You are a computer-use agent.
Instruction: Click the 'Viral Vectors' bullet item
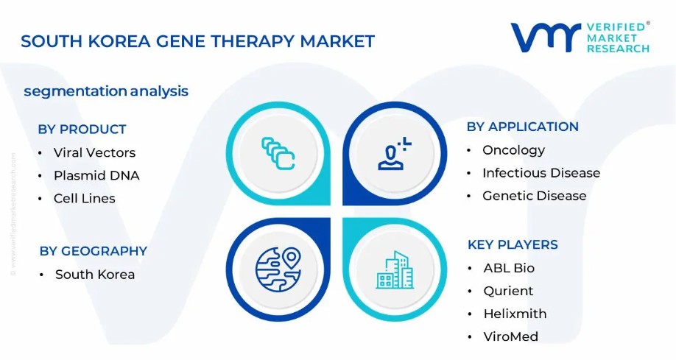pyautogui.click(x=94, y=152)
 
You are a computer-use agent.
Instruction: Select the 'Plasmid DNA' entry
pyautogui.click(x=96, y=175)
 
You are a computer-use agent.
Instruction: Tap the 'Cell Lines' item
pyautogui.click(x=85, y=198)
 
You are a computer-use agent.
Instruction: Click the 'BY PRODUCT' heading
pyautogui.click(x=82, y=130)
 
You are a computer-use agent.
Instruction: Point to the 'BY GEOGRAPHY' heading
pyautogui.click(x=93, y=251)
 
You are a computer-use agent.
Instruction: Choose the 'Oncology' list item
pyautogui.click(x=513, y=150)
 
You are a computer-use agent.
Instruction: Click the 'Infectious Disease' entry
pyautogui.click(x=541, y=173)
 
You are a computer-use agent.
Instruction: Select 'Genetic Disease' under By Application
pyautogui.click(x=534, y=196)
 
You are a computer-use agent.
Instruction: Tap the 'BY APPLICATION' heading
pyautogui.click(x=523, y=127)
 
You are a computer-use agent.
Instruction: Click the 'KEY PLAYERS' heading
pyautogui.click(x=513, y=245)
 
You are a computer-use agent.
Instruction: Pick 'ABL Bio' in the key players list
pyautogui.click(x=509, y=268)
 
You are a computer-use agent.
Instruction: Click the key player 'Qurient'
pyautogui.click(x=508, y=291)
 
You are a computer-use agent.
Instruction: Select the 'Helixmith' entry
pyautogui.click(x=515, y=314)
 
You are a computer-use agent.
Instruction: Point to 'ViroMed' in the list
pyautogui.click(x=511, y=336)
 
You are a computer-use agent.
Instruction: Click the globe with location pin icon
pyautogui.click(x=278, y=269)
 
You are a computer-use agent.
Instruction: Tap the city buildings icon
pyautogui.click(x=395, y=270)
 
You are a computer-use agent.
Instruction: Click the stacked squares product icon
pyautogui.click(x=278, y=153)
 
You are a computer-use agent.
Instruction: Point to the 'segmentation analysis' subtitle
pyautogui.click(x=106, y=91)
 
